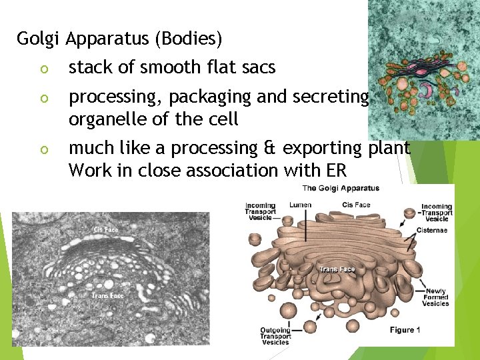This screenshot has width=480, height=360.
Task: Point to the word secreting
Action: coord(330,98)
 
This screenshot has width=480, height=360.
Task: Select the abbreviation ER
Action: coord(336,171)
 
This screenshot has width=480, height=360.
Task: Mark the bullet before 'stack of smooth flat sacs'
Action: coord(41,69)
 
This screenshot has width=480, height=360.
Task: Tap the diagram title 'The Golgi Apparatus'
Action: coord(341,189)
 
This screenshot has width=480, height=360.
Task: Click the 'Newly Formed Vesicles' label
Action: coord(435,297)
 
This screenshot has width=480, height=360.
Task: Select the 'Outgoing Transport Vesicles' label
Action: coord(275,336)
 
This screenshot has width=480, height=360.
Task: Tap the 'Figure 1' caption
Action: coord(405,331)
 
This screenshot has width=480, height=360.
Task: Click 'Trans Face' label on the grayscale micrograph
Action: coord(107,295)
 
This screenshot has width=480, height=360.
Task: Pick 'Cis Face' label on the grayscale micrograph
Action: coord(105,230)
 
